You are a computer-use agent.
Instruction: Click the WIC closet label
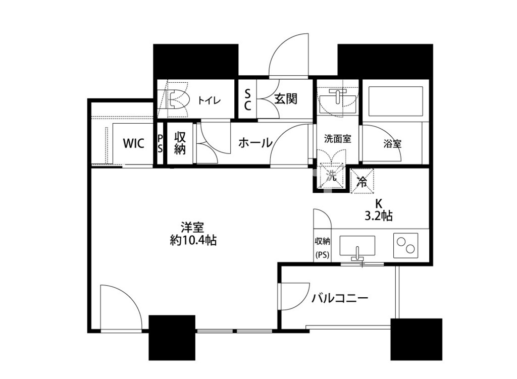(134, 144)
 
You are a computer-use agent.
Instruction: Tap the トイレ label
(209, 100)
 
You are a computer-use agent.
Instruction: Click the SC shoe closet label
(247, 99)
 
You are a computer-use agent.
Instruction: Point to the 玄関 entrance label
(285, 99)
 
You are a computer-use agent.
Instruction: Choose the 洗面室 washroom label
(337, 139)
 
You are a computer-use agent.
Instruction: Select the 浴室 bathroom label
(392, 144)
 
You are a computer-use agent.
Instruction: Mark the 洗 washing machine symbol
(331, 177)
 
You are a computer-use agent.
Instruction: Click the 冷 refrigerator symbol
(362, 181)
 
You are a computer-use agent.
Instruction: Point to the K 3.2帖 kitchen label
(379, 209)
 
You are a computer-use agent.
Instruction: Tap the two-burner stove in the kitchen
(406, 246)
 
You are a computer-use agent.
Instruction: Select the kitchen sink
(357, 246)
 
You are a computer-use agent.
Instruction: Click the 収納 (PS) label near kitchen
(322, 247)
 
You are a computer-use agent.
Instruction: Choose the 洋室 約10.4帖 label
(193, 234)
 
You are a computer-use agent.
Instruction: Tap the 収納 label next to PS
(180, 143)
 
